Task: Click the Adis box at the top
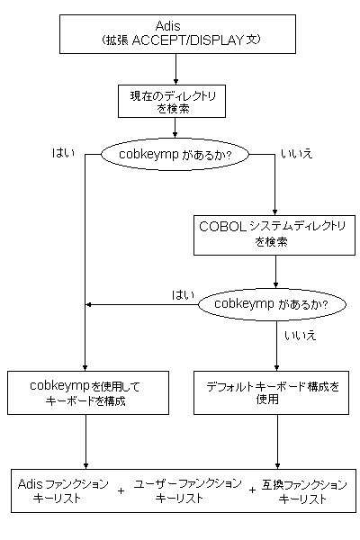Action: [177, 34]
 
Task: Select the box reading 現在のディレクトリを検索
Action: [172, 101]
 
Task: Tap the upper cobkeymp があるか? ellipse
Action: [175, 154]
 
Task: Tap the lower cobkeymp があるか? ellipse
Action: [272, 304]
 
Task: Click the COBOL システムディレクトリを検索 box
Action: [274, 235]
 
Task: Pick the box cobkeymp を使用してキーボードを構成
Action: [88, 392]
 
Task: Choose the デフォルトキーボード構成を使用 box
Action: [271, 392]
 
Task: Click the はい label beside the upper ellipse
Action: [63, 153]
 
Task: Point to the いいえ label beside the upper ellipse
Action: [297, 154]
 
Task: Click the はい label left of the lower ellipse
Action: [183, 295]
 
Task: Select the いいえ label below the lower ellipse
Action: [300, 335]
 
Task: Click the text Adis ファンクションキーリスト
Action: [63, 490]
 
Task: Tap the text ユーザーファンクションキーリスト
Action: [188, 490]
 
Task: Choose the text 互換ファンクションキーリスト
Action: [304, 491]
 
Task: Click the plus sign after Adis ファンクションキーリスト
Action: [121, 490]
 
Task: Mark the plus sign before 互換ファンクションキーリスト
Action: [253, 490]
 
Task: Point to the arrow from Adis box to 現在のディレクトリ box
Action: [176, 69]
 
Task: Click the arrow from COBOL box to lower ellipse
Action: [275, 272]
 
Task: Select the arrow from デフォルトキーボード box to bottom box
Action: [278, 442]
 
